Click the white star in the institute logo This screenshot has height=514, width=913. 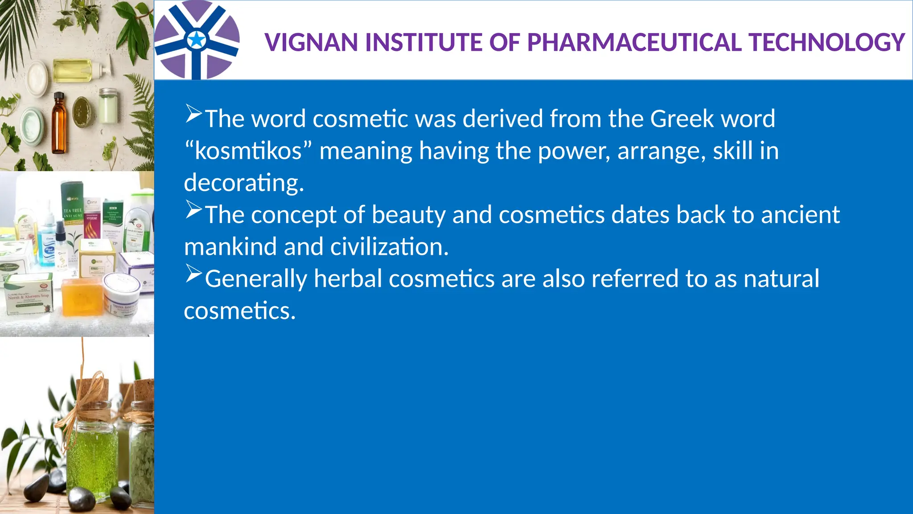pos(196,40)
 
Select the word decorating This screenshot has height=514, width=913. pos(244,183)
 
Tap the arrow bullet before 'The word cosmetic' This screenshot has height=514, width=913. pos(193,114)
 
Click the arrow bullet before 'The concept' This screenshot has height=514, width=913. pos(193,210)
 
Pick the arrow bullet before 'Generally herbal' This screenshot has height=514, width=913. pos(193,274)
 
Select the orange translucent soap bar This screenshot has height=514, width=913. pos(82,296)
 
